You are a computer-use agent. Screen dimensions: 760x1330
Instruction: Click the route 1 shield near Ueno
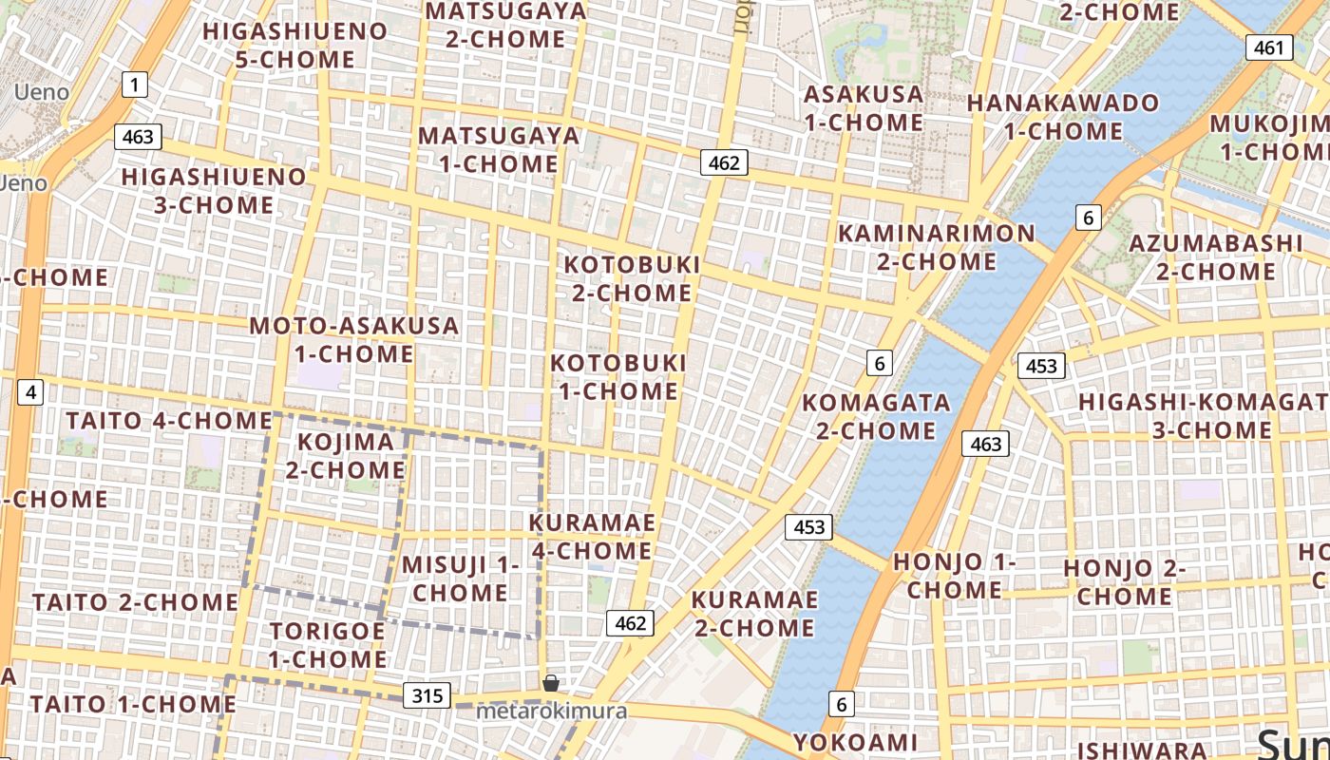click(135, 85)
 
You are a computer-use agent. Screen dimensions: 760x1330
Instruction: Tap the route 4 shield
click(31, 391)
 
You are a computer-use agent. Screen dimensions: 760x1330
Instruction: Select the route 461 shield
click(1268, 47)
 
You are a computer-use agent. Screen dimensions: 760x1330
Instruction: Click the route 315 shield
click(427, 695)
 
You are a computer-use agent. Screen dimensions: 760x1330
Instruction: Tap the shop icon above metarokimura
click(550, 682)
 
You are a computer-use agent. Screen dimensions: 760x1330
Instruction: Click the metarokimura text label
click(551, 711)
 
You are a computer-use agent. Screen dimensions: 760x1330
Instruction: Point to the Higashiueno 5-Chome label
click(294, 46)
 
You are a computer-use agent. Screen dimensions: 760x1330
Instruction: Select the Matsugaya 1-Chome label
click(499, 149)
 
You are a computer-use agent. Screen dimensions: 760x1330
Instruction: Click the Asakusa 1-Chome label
click(863, 108)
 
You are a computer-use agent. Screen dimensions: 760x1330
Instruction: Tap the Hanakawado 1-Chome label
click(1063, 117)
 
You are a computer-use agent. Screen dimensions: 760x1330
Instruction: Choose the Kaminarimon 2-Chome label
click(936, 247)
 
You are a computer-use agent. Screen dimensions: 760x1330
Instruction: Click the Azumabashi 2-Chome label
click(1215, 257)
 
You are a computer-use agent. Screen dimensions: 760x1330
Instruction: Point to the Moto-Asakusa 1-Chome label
click(353, 340)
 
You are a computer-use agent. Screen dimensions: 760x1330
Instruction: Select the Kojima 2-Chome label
click(346, 456)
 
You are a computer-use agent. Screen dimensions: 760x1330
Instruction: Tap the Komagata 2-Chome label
click(876, 417)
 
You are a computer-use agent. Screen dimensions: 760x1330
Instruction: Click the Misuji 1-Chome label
click(460, 579)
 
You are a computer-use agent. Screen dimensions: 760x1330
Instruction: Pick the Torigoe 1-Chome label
click(327, 645)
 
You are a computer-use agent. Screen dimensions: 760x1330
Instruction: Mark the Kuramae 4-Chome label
click(591, 537)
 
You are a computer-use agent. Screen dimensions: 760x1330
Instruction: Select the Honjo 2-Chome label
click(1125, 582)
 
